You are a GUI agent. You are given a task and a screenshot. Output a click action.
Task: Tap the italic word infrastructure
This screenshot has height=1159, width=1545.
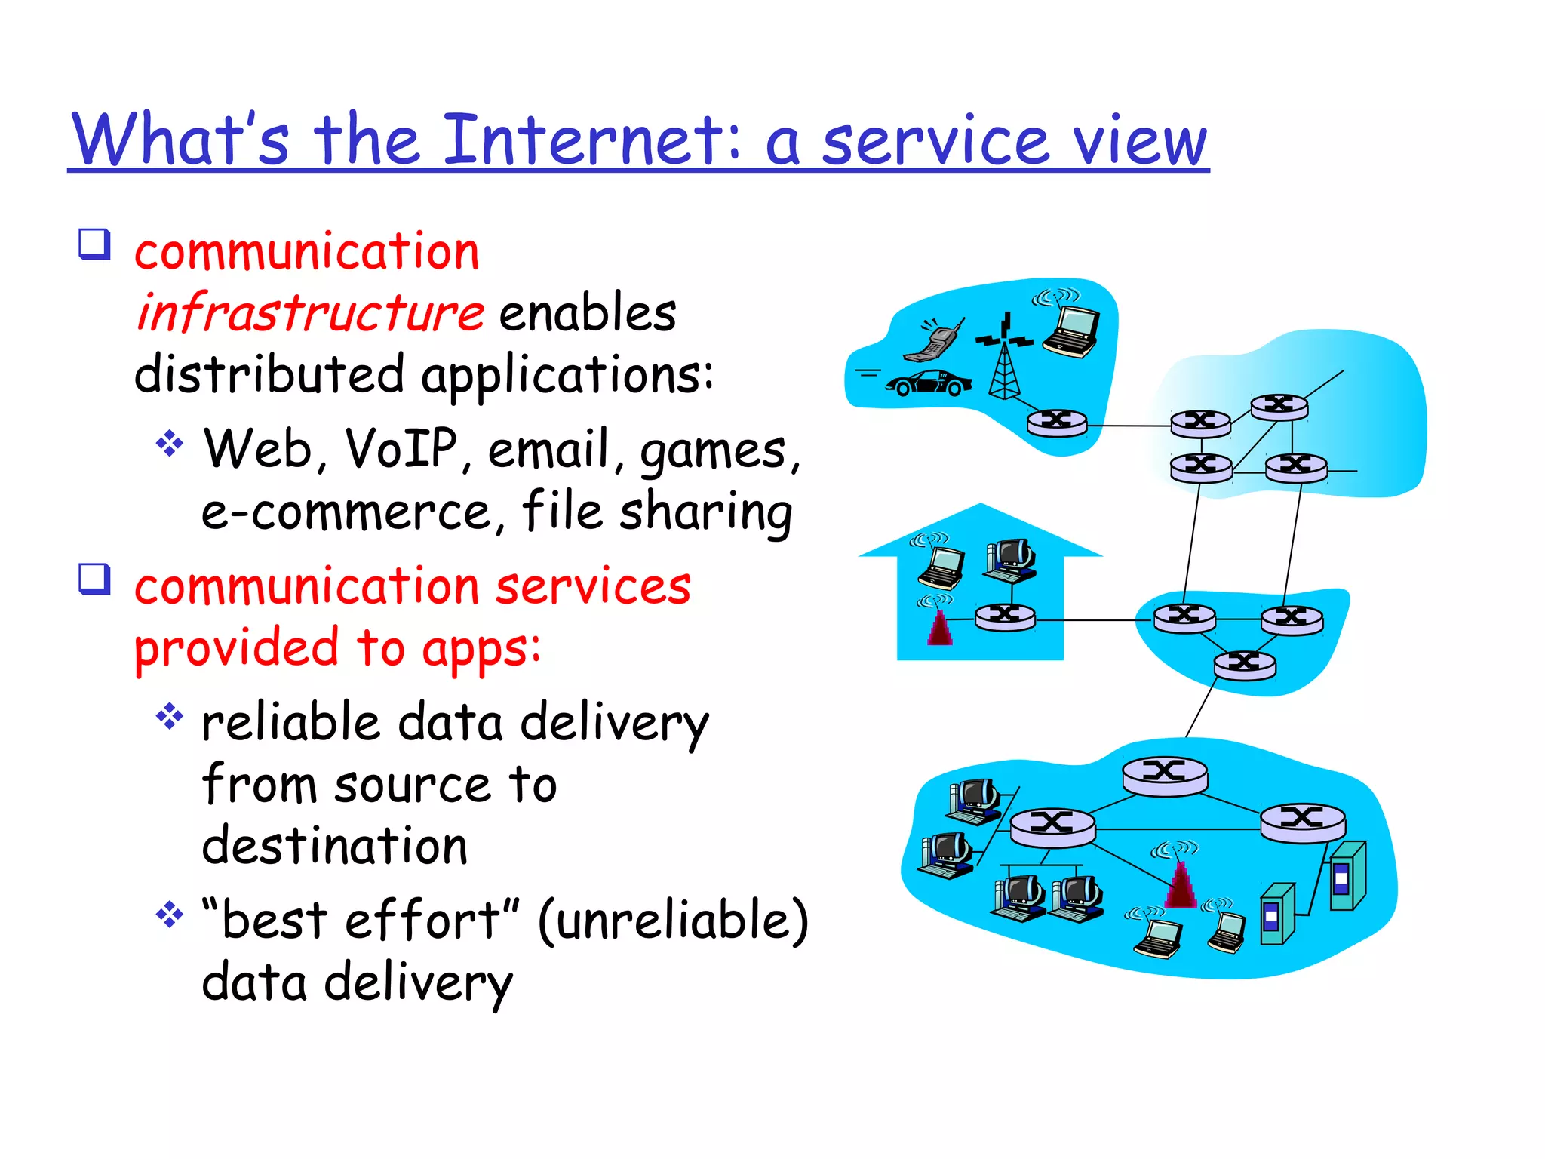[309, 312]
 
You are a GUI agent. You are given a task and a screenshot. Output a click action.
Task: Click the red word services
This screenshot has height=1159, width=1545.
[592, 586]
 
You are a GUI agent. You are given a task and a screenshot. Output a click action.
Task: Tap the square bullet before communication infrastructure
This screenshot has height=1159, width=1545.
[95, 244]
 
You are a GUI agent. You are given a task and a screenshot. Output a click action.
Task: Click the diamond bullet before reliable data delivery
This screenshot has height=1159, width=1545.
[170, 716]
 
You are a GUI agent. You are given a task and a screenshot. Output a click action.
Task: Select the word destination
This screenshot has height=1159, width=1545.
[334, 846]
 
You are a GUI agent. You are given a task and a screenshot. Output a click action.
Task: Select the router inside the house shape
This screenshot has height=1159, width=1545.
[1005, 616]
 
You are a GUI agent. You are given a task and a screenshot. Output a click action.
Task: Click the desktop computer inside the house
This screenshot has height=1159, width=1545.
[1011, 560]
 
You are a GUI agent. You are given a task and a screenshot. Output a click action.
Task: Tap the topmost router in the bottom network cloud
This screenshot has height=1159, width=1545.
[1165, 774]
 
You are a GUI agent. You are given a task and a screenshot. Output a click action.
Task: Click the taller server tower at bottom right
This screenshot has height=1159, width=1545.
[1347, 875]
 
